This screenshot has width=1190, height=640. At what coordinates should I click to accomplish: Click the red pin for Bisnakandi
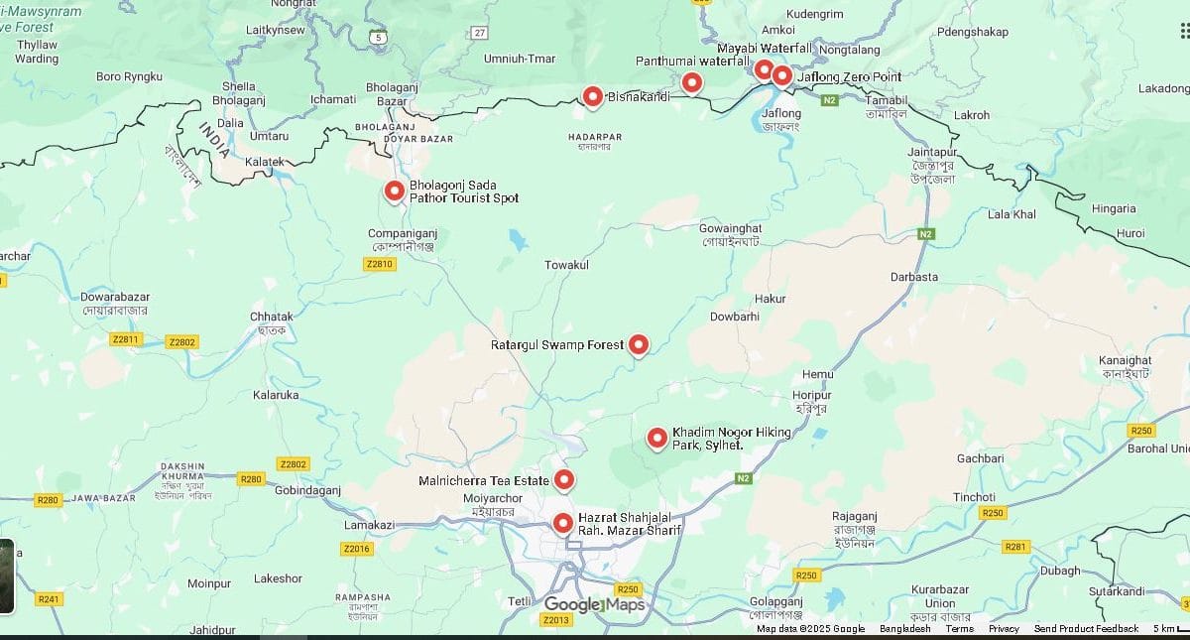[x=592, y=95]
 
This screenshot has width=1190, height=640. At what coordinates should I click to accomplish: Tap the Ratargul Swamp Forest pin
[x=639, y=344]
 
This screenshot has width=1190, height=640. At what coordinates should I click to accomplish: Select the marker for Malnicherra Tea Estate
[x=563, y=480]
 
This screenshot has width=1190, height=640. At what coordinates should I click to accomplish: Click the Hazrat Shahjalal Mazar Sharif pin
[x=563, y=522]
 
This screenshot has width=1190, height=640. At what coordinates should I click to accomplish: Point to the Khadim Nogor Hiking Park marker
[x=656, y=438]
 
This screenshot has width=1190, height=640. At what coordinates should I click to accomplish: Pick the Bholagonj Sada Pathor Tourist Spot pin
[x=395, y=191]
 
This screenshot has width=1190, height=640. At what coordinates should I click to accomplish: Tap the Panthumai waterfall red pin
[x=692, y=82]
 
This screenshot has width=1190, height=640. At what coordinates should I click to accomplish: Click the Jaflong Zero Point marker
[x=782, y=75]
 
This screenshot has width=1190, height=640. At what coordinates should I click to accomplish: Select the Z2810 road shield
[x=380, y=264]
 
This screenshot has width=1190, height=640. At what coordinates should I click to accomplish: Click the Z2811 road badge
[x=127, y=339]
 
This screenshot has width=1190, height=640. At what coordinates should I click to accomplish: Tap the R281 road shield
[x=1015, y=547]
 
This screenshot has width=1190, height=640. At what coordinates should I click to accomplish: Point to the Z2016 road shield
[x=356, y=549]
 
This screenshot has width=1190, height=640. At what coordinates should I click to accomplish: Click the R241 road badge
[x=49, y=599]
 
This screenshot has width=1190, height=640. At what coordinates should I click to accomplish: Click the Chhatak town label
[x=271, y=317]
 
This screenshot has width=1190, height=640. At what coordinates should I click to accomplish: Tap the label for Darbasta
[x=913, y=277]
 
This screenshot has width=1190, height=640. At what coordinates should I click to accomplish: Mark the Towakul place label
[x=566, y=265]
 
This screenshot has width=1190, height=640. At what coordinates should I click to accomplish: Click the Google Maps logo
[x=594, y=605]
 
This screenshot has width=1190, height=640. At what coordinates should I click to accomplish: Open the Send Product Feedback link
[x=1086, y=629]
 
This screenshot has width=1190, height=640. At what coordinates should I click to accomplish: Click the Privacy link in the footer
[x=1004, y=629]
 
